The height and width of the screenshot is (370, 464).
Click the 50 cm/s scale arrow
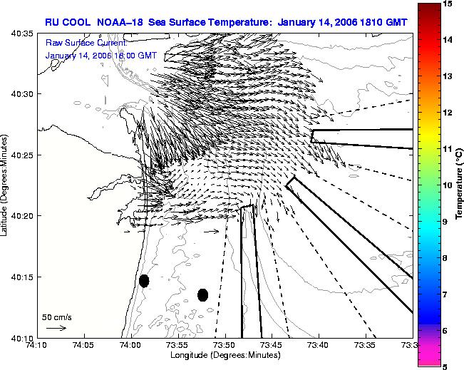pos(56,328)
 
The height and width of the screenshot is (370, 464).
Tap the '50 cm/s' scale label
pos(57,317)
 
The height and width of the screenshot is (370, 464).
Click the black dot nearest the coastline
pos(144,281)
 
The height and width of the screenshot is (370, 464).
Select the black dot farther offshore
pos(202,295)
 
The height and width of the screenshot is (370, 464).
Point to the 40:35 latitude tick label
pos(23,34)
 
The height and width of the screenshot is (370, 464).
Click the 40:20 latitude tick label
pos(23,216)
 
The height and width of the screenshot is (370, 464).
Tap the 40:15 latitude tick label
pos(23,277)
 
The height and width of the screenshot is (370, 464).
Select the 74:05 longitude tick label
pos(85,345)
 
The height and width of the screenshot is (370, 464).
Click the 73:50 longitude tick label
pos(225,345)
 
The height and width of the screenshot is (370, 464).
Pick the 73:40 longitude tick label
pos(319,345)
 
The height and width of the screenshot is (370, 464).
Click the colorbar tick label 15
pos(447,4)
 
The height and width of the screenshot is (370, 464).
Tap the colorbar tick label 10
pos(447,185)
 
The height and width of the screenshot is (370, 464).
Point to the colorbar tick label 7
pos(445,294)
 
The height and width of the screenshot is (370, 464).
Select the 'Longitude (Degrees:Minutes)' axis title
pos(225,354)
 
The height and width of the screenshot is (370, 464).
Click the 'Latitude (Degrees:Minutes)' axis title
pos(4,185)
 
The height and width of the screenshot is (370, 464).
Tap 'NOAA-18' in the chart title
pos(120,22)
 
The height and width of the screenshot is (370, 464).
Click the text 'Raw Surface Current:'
pos(86,43)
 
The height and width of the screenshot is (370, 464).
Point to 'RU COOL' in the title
pos(68,22)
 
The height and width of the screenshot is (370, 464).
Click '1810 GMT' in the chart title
pos(383,22)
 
